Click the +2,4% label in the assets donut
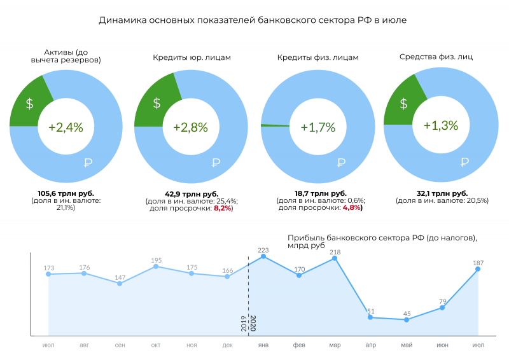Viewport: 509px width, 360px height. click(x=66, y=127)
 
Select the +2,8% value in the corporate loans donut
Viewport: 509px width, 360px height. click(x=190, y=127)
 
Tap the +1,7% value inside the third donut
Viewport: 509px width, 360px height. click(x=317, y=127)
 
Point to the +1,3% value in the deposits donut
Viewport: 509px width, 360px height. click(x=441, y=125)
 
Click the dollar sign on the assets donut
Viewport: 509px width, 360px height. click(x=29, y=104)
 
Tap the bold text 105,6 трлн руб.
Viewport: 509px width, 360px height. click(x=66, y=193)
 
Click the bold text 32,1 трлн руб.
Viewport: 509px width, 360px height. click(x=442, y=193)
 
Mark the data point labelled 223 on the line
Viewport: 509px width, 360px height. click(x=263, y=256)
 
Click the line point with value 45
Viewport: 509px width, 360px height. click(x=407, y=319)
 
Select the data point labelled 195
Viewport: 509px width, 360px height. click(x=156, y=267)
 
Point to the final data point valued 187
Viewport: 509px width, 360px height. click(x=478, y=269)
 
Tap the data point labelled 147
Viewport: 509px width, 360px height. click(x=120, y=283)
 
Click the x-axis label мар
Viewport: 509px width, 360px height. click(x=335, y=345)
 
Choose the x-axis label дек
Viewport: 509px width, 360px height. click(x=227, y=345)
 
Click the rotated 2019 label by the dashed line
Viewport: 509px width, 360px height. click(x=244, y=324)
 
